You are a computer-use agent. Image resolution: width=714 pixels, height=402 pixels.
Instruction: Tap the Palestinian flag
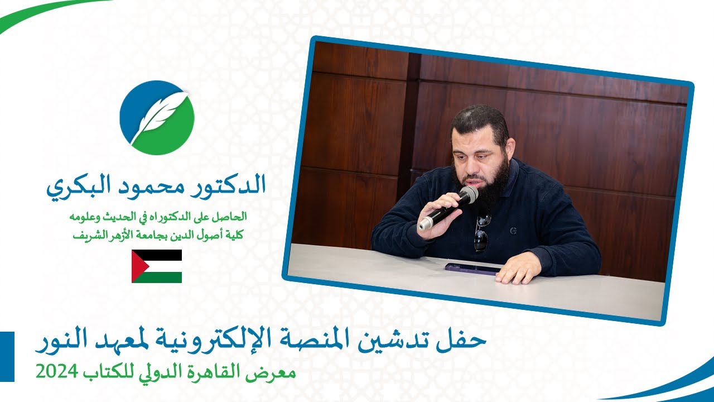(157, 266)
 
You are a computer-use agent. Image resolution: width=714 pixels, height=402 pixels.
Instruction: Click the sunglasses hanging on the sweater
(481, 231)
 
